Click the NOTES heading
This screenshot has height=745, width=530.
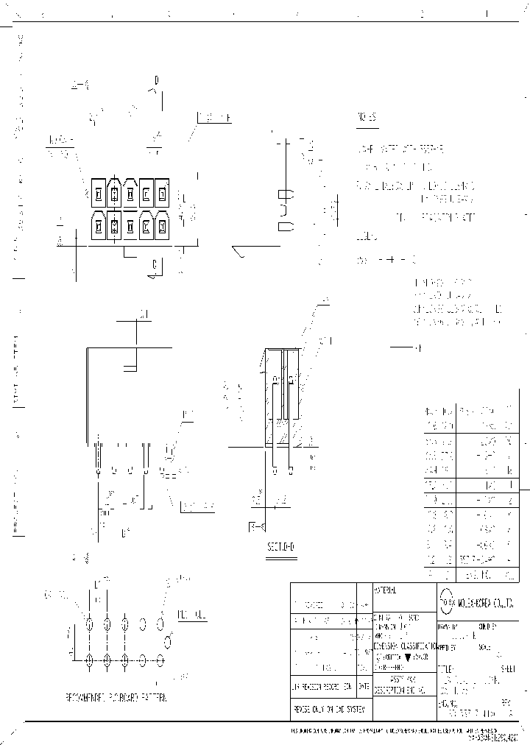click(x=367, y=118)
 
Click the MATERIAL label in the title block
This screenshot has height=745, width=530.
click(x=386, y=591)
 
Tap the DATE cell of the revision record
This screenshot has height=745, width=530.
click(x=364, y=686)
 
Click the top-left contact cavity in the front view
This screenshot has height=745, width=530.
click(x=97, y=194)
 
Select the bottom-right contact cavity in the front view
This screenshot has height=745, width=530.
click(x=163, y=225)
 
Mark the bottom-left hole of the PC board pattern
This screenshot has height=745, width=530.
click(x=90, y=660)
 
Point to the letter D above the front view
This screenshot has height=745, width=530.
click(x=156, y=80)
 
